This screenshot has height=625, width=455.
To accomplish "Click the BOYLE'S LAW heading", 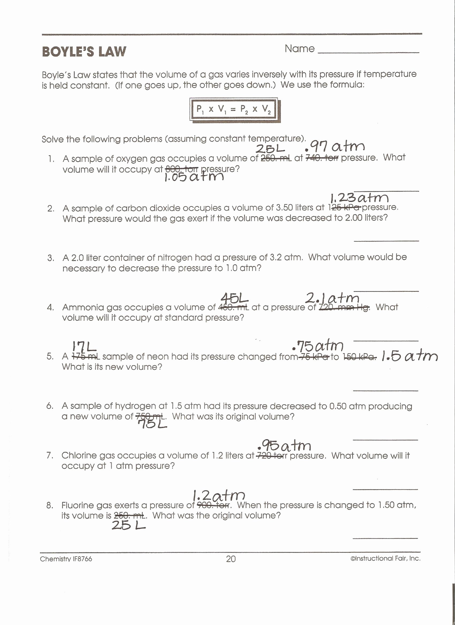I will (84, 52).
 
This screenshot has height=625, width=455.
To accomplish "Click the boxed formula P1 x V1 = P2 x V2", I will (233, 109).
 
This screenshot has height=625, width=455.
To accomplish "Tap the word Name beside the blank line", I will (299, 49).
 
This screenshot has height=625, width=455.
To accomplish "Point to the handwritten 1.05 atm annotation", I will (194, 177).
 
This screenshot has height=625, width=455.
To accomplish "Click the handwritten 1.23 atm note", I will (359, 198).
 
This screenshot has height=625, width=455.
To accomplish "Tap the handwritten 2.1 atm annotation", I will (332, 298).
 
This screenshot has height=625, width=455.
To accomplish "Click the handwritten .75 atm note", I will (318, 346).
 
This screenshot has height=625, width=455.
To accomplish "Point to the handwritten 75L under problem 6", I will (153, 424).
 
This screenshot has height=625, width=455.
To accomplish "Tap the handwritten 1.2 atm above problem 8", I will (218, 496).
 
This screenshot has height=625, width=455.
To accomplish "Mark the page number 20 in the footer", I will (231, 559).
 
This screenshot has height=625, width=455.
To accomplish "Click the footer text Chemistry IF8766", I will (66, 559).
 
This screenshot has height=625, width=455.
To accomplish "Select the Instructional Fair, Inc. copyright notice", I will (385, 558).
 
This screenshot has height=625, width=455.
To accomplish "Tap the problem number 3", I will (51, 258).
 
